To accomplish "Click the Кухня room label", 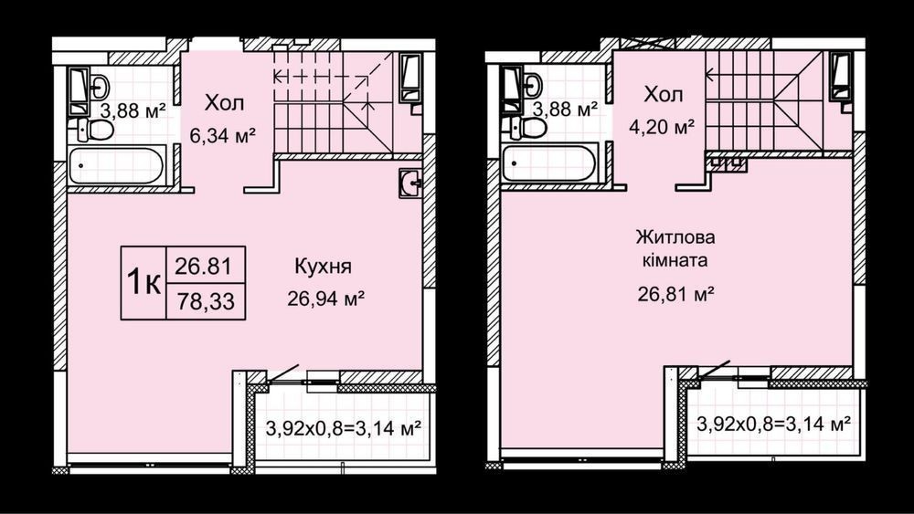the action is click(323, 267).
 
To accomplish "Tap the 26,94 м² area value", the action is click(326, 299).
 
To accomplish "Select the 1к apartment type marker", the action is click(143, 283).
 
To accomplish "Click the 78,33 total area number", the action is click(205, 301).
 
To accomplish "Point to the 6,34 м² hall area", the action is click(222, 136).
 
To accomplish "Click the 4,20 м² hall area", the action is click(662, 126).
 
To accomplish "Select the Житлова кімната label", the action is click(675, 248).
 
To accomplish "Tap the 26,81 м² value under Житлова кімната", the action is click(676, 295).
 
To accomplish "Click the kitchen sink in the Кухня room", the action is click(410, 184).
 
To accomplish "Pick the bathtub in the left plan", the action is click(116, 165).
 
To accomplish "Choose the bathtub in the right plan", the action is click(549, 163).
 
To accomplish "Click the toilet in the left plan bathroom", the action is click(94, 130).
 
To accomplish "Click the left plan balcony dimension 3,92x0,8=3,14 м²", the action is click(344, 429).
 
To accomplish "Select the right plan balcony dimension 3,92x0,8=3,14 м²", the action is click(773, 424).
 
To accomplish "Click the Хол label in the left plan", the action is click(225, 103).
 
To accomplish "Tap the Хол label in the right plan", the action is click(664, 94).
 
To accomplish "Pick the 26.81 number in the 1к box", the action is click(204, 266).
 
